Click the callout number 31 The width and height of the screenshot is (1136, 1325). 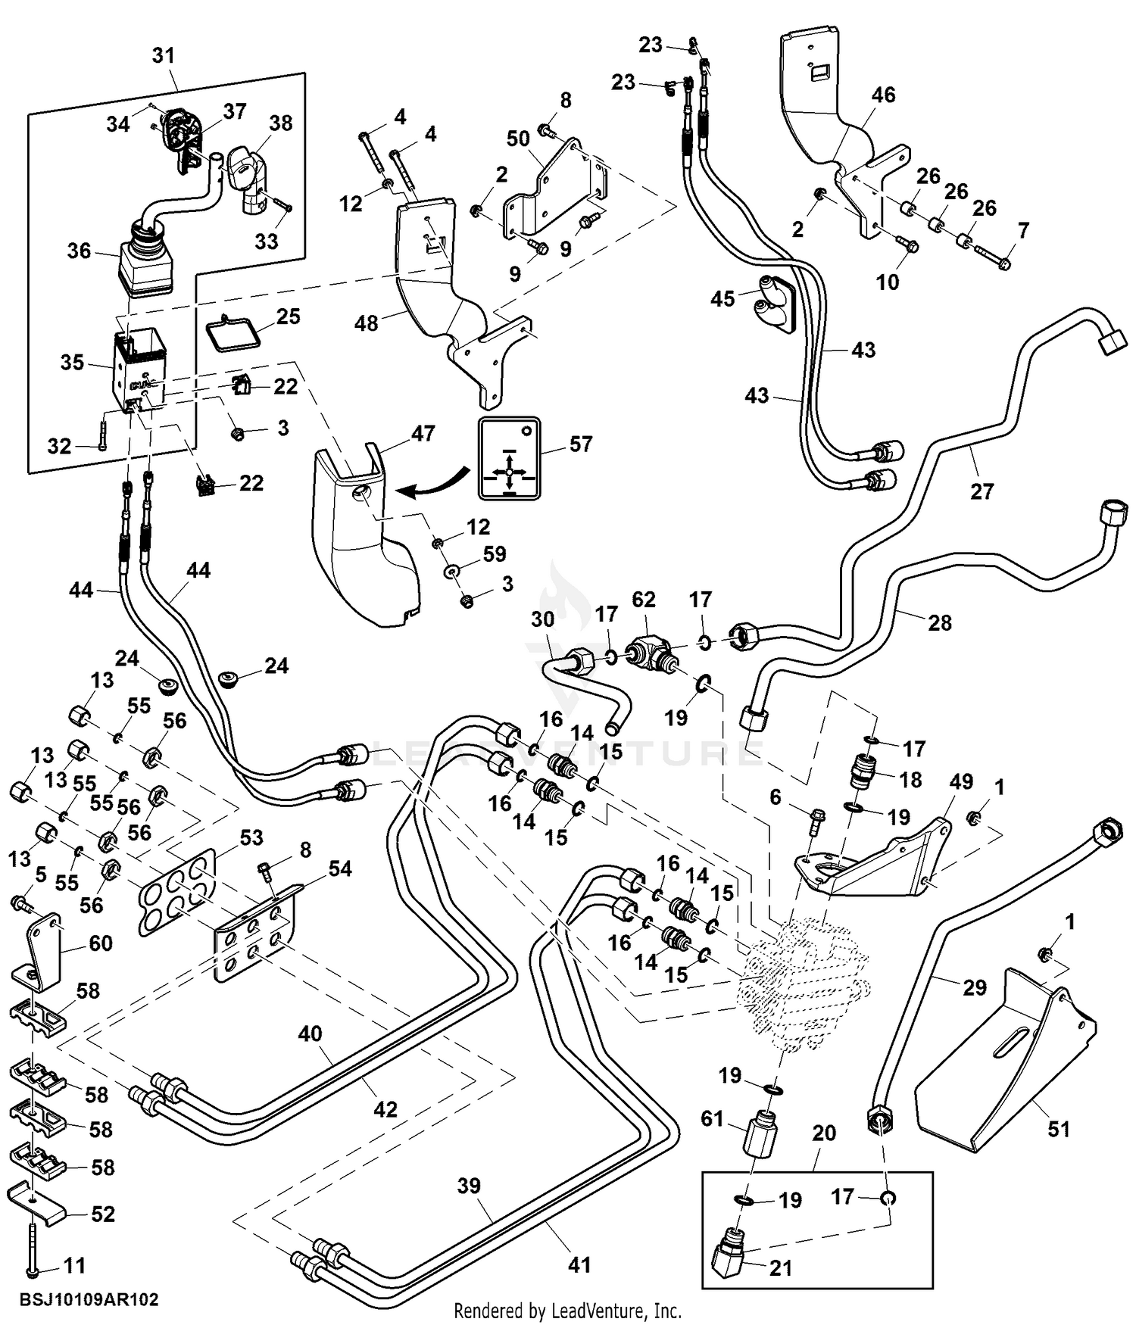164,55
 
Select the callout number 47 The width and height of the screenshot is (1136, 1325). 423,433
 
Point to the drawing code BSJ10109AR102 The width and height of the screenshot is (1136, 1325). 89,1299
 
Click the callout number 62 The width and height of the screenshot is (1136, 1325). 644,600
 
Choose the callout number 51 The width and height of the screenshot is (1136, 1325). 1059,1129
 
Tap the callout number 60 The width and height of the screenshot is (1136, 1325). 101,943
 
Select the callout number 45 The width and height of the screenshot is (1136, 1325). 722,298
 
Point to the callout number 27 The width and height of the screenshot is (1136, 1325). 982,491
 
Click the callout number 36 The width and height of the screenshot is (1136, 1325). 79,251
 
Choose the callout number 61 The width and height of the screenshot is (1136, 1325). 713,1118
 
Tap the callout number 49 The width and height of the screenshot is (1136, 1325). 961,781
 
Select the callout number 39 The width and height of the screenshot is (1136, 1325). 469,1186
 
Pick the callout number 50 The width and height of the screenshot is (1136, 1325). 518,139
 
